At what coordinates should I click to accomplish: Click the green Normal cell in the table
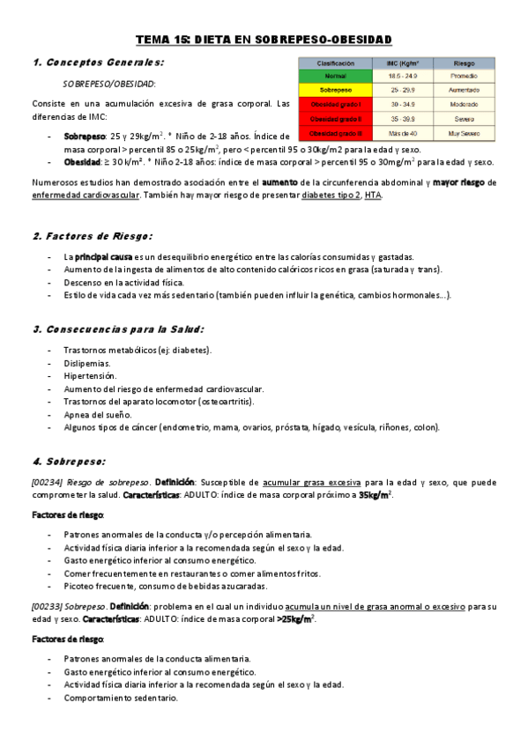pos(336,77)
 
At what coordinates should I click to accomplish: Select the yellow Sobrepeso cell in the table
pos(336,90)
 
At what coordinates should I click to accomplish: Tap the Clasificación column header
pos(336,63)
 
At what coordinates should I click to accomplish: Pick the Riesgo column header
pos(464,63)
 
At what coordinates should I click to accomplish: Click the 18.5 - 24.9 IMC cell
pos(403,77)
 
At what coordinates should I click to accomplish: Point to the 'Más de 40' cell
pos(403,132)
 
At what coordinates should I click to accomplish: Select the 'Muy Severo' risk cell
pos(464,132)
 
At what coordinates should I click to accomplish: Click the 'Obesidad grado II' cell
pos(336,118)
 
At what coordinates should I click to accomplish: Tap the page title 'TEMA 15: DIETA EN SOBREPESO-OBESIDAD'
pos(263,40)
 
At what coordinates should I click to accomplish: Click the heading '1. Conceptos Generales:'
pos(98,63)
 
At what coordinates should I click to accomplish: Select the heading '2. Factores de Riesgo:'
pos(93,236)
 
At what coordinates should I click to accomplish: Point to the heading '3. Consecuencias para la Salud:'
pos(118,329)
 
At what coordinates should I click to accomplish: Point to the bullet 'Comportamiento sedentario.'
pos(121,698)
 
